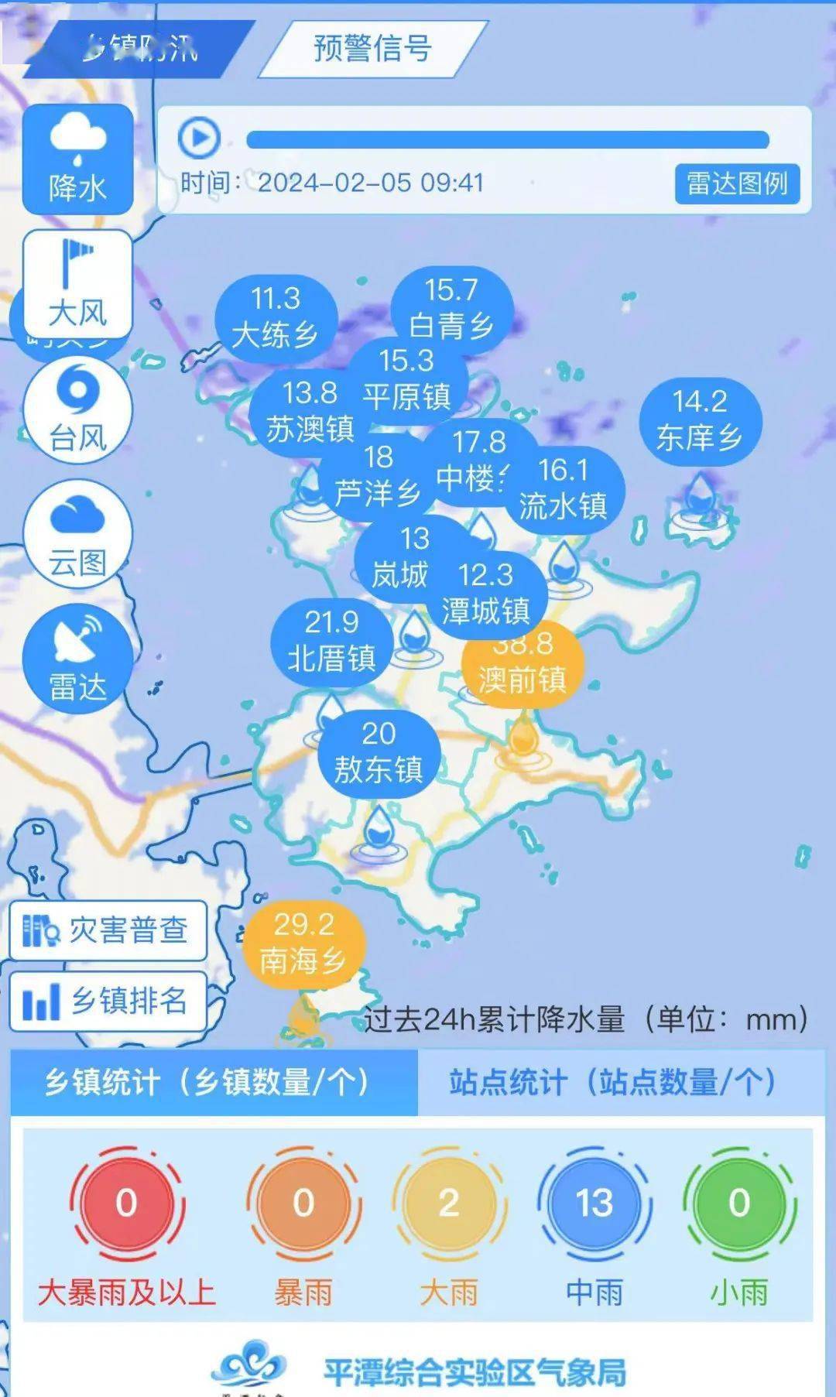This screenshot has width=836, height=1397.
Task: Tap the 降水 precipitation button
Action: pos(77,159)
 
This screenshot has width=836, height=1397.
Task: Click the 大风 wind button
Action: pos(77,282)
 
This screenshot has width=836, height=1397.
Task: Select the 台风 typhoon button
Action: pos(77,409)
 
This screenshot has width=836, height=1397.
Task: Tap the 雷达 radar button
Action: pos(77,658)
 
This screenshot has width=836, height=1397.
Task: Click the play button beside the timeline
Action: pos(199,139)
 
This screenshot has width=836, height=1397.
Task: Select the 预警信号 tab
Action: pos(372,48)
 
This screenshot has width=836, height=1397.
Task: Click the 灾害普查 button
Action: pos(108,930)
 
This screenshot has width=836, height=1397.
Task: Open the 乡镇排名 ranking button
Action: pos(108,1001)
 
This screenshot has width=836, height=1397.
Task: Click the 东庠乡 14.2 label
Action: pos(700,420)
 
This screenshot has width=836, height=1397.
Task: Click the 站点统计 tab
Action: pos(613,1082)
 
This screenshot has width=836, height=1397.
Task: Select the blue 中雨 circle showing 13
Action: pos(594,1203)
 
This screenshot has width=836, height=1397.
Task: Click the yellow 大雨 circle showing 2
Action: pos(449,1203)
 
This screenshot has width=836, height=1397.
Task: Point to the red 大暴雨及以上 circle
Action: pos(126,1203)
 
